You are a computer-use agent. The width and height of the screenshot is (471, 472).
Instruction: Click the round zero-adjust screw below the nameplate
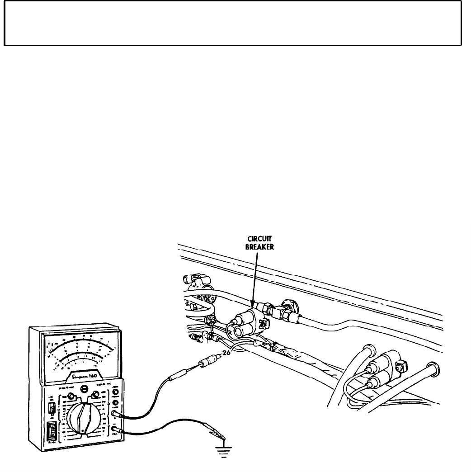tap(84, 388)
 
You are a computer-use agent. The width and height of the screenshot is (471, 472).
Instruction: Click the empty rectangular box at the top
tap(233, 23)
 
